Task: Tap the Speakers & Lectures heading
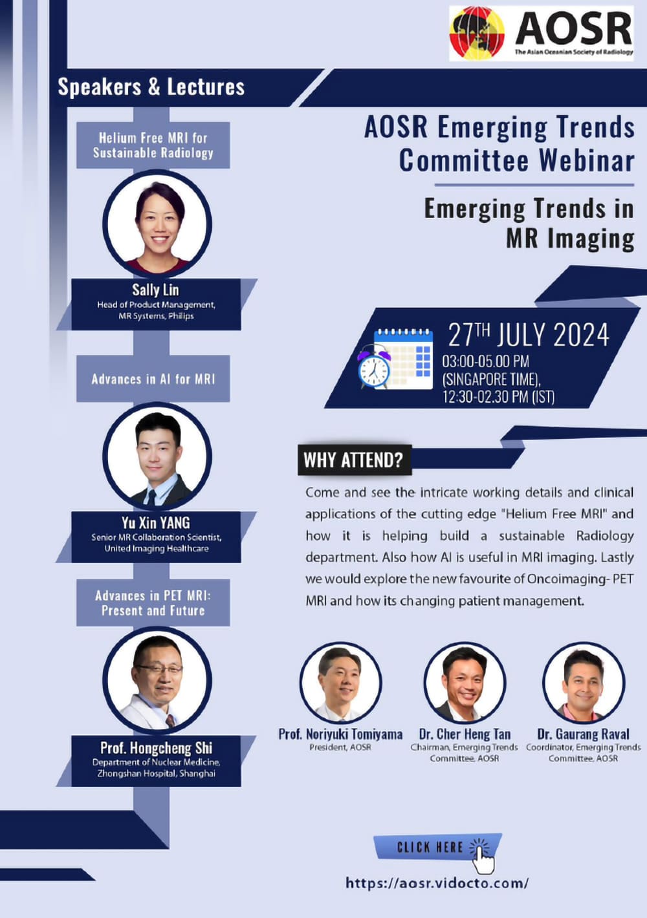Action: [x=151, y=87]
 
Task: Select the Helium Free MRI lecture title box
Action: [x=153, y=145]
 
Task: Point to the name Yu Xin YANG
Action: [x=156, y=523]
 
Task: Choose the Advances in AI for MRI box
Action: [x=153, y=379]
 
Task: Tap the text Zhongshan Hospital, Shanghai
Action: [x=157, y=773]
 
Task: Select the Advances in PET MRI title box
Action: [x=153, y=603]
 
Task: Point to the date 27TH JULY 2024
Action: [x=529, y=335]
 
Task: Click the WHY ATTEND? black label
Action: [x=355, y=460]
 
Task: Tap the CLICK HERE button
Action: [x=437, y=847]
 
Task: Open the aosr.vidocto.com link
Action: [x=437, y=882]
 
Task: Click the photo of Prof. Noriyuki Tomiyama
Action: [x=340, y=683]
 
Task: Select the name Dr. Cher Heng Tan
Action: [x=465, y=734]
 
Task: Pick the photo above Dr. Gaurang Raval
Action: [x=584, y=683]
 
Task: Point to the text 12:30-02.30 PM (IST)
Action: [x=498, y=397]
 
